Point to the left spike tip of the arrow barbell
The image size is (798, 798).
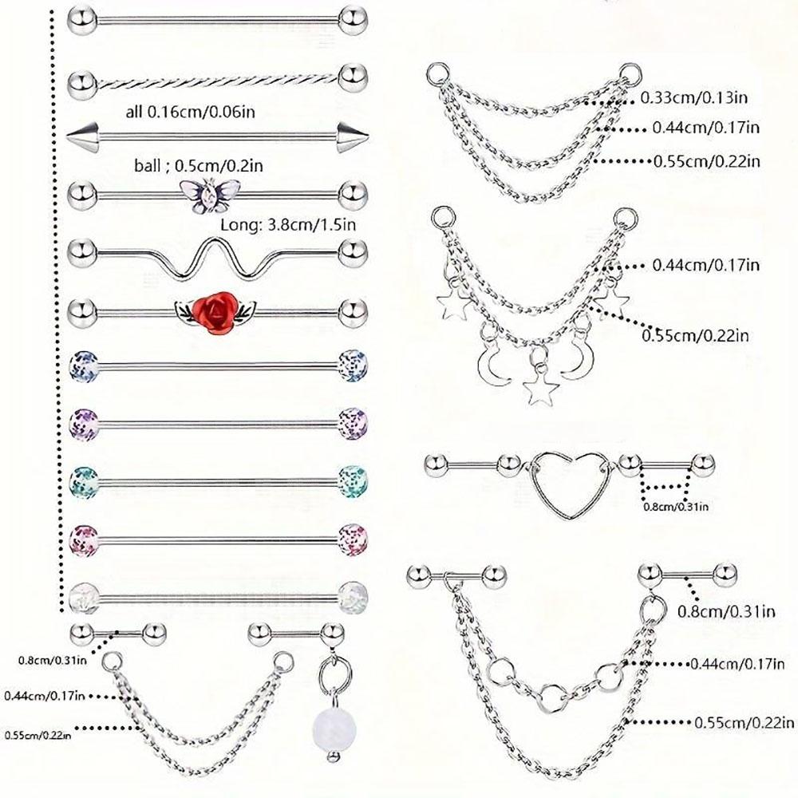(80, 134)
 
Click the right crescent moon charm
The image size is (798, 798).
(575, 363)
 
